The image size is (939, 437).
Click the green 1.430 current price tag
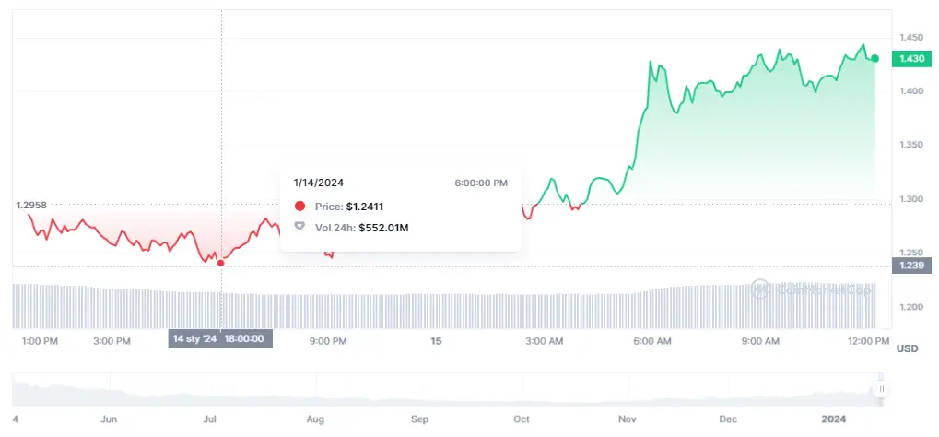point(910,58)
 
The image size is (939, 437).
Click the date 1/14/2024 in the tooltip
point(319,183)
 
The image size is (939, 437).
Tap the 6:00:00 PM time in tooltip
point(481,183)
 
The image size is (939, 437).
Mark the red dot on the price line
point(220,263)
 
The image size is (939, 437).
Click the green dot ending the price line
point(874,58)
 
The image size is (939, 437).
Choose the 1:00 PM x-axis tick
point(40,340)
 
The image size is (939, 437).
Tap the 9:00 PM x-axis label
point(328,340)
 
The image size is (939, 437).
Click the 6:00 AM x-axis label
point(651,340)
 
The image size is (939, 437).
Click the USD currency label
point(907,348)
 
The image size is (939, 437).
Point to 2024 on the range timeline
point(833,419)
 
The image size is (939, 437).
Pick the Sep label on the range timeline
point(420,419)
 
